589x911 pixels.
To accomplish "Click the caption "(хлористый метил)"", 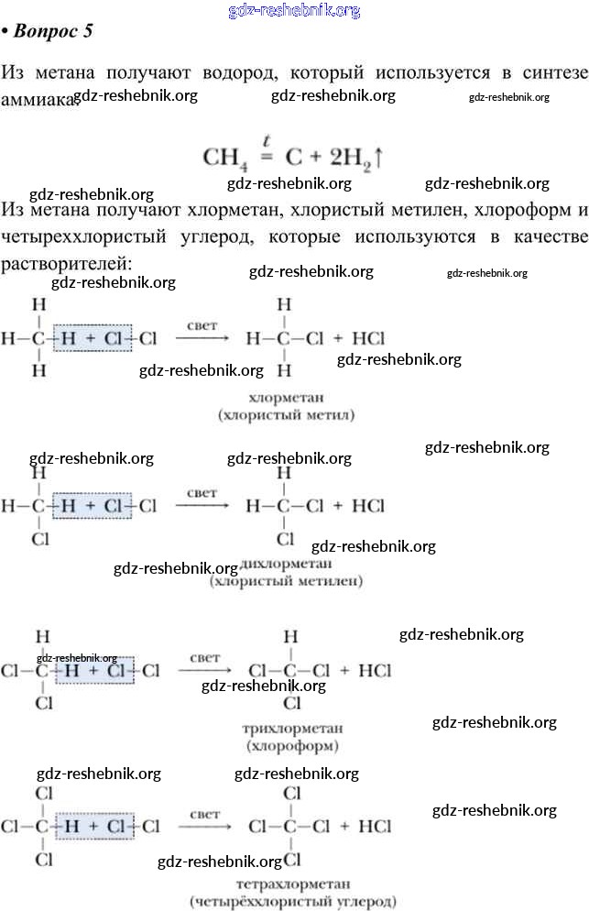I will tap(285, 415).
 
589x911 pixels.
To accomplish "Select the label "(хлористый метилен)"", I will tap(286, 581).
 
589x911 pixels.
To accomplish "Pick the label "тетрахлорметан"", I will tap(292, 884).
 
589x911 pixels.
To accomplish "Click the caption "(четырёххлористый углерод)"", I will tap(292, 902).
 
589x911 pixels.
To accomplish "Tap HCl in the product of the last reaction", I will tap(375, 826).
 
